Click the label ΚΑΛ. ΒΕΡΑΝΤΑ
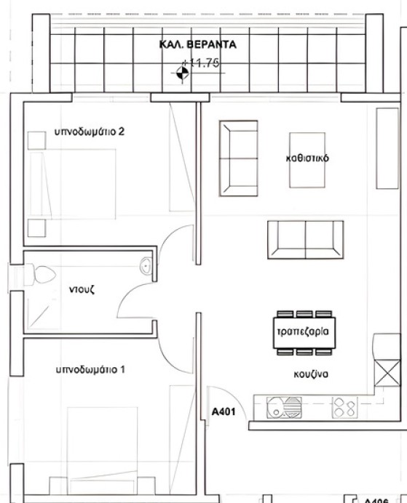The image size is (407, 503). click(198, 44)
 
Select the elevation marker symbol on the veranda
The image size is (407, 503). click(181, 71)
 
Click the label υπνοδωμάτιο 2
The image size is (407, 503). click(90, 132)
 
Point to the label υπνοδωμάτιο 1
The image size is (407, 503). click(90, 369)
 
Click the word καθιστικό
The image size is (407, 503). click(307, 158)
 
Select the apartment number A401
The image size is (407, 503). click(224, 412)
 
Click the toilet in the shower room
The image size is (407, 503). click(41, 274)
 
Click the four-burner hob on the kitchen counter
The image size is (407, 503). click(344, 407)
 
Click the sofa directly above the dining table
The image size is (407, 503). click(305, 238)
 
